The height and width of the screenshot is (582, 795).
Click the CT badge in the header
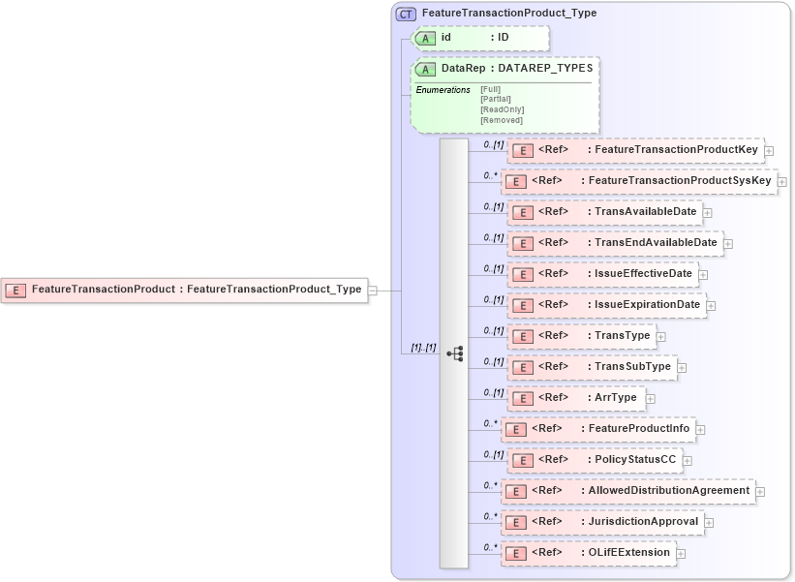[x=407, y=14]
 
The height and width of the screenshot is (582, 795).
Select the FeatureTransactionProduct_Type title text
[x=509, y=14]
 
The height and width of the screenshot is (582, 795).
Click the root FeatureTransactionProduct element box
[x=185, y=289]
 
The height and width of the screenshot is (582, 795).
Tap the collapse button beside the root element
[x=372, y=289]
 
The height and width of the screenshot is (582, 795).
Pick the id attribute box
[x=480, y=38]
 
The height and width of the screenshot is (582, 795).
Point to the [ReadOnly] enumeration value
[x=502, y=109]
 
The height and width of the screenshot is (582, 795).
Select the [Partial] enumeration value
[x=496, y=99]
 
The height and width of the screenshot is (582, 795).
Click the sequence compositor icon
[x=455, y=354]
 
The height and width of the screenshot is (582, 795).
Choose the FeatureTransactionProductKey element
[x=635, y=150]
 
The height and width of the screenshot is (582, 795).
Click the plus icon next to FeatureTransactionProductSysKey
[x=782, y=182]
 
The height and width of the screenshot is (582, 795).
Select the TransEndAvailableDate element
[x=615, y=243]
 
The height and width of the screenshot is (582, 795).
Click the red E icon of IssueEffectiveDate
[x=521, y=274]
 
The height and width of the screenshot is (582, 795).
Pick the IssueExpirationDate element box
[x=606, y=305]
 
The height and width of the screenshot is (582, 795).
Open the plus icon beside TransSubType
[x=682, y=368]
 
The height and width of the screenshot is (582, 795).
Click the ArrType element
[x=575, y=398]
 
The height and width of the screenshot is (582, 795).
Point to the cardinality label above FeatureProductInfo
[x=490, y=423]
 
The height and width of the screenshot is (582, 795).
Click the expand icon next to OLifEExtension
[x=681, y=554]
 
